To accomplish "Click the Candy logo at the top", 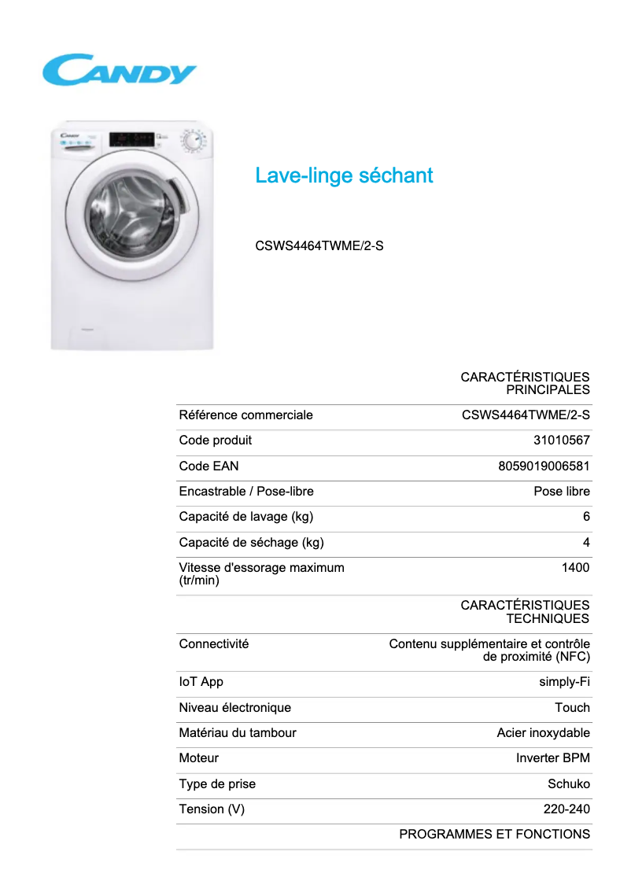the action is pyautogui.click(x=119, y=70).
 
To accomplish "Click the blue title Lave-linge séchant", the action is pyautogui.click(x=344, y=175).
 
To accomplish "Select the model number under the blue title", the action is pyautogui.click(x=319, y=245).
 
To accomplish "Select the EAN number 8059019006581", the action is pyautogui.click(x=544, y=466).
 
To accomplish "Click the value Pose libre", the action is pyautogui.click(x=561, y=492).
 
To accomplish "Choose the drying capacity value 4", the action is pyautogui.click(x=586, y=542).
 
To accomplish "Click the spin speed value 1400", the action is pyautogui.click(x=575, y=568).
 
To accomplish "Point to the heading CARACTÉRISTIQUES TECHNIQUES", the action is pyautogui.click(x=525, y=612).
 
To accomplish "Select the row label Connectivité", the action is pyautogui.click(x=213, y=644).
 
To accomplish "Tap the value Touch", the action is pyautogui.click(x=572, y=708).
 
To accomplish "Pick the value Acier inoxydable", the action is pyautogui.click(x=543, y=733).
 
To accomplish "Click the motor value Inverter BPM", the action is pyautogui.click(x=552, y=758).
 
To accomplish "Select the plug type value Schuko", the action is pyautogui.click(x=568, y=784).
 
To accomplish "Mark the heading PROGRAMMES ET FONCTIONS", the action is pyautogui.click(x=494, y=835).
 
